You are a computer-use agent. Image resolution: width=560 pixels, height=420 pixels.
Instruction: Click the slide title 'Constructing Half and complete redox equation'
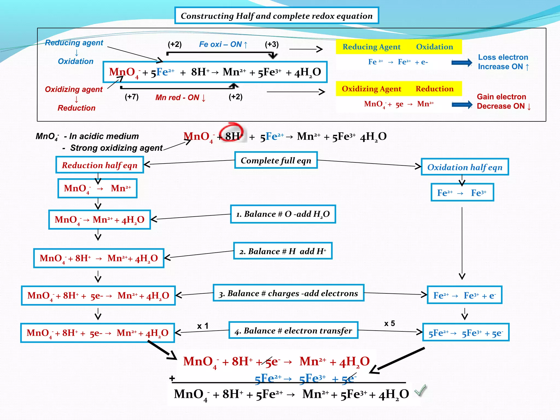(276, 16)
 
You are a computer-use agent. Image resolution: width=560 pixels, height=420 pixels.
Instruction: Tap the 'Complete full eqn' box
(276, 160)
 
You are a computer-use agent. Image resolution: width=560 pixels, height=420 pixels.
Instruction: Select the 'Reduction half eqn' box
(100, 165)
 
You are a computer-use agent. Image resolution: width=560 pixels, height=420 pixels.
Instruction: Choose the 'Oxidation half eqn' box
(465, 167)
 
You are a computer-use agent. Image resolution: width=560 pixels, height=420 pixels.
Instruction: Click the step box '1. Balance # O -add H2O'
(283, 214)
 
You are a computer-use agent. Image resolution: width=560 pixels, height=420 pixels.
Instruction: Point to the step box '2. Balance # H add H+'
(283, 251)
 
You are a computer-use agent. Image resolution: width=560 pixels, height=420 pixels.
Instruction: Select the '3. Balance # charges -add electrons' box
(288, 293)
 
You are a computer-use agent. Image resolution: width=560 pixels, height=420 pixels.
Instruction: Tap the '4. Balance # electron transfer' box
(293, 330)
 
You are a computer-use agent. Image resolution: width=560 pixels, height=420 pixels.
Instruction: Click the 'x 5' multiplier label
(389, 323)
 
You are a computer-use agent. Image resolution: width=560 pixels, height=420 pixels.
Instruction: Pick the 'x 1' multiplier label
(203, 326)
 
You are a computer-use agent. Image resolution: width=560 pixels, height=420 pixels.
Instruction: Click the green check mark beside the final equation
(420, 390)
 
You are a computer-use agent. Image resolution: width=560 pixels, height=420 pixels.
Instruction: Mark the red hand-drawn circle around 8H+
(231, 132)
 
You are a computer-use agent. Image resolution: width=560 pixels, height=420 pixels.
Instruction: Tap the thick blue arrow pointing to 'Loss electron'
(462, 63)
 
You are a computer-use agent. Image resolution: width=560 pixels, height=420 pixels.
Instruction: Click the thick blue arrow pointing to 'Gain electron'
(462, 104)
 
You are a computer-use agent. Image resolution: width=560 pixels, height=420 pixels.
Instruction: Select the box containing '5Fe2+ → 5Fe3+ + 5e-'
(466, 332)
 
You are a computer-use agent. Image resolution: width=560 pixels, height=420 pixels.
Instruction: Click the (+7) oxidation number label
(132, 97)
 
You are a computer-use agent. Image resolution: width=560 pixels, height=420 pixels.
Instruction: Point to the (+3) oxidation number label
(272, 44)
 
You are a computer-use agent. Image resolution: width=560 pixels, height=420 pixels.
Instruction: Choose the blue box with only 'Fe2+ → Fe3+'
(462, 192)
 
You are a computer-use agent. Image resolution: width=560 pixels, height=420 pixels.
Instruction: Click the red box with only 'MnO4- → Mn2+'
(97, 188)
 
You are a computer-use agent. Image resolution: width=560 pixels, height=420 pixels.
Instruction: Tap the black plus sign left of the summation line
(172, 378)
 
